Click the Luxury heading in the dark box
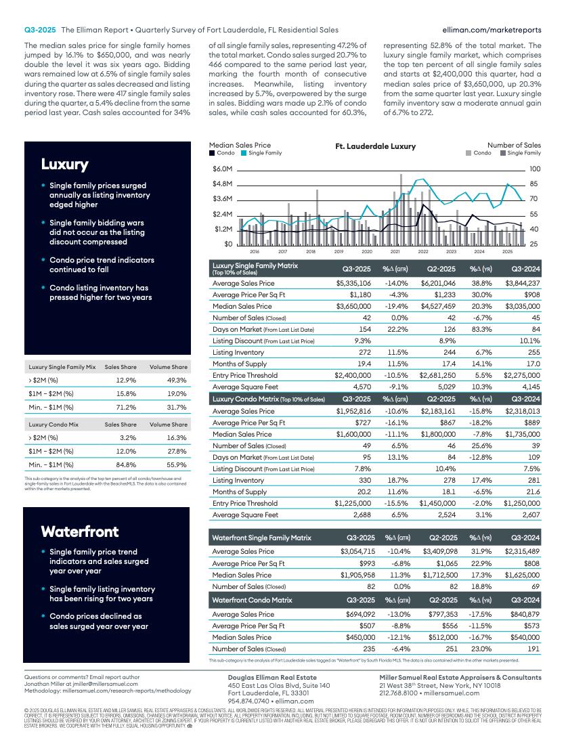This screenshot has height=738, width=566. point(65,165)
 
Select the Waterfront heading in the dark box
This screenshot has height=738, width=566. point(80,531)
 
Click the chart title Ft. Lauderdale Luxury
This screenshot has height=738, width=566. point(376,146)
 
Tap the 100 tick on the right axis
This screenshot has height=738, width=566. point(535,169)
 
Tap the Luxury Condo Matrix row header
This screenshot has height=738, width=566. point(267,399)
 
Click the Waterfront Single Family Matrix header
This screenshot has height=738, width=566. point(262,538)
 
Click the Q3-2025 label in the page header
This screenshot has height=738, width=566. point(40,30)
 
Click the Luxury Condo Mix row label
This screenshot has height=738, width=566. point(52,425)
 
